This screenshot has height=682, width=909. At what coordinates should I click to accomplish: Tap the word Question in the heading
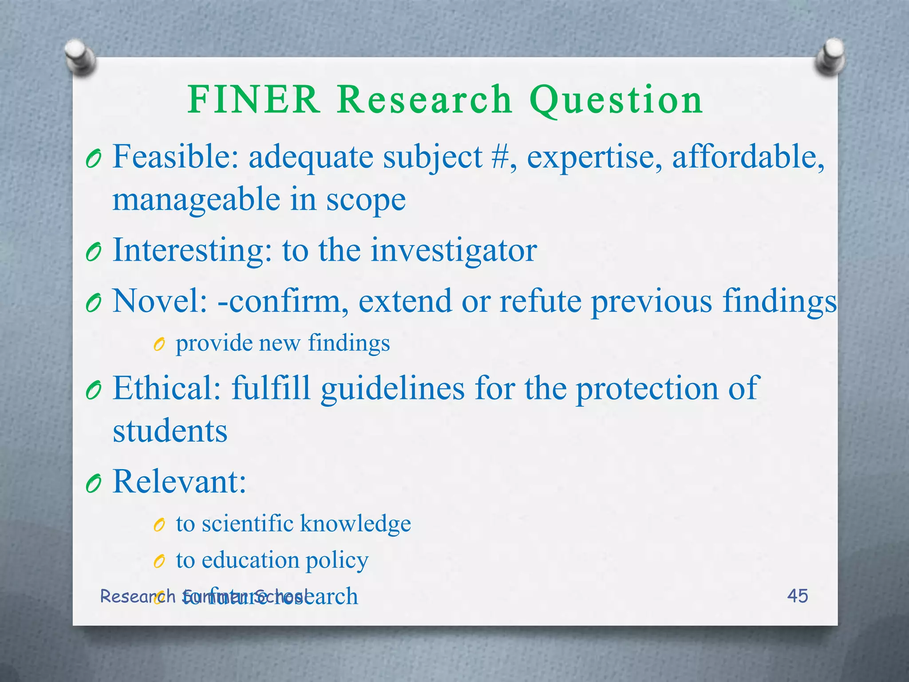(x=616, y=100)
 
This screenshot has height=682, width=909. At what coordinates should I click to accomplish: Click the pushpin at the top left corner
(x=80, y=56)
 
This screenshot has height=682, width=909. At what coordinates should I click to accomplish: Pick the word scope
(x=366, y=200)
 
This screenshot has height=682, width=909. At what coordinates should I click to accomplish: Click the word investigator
(x=454, y=250)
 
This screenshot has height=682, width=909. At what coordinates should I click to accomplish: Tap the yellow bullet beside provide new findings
(x=159, y=344)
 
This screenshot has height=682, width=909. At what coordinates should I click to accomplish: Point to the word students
(x=170, y=431)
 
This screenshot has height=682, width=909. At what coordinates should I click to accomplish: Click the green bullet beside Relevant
(x=94, y=483)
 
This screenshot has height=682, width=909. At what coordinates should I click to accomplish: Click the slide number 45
(x=797, y=596)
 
